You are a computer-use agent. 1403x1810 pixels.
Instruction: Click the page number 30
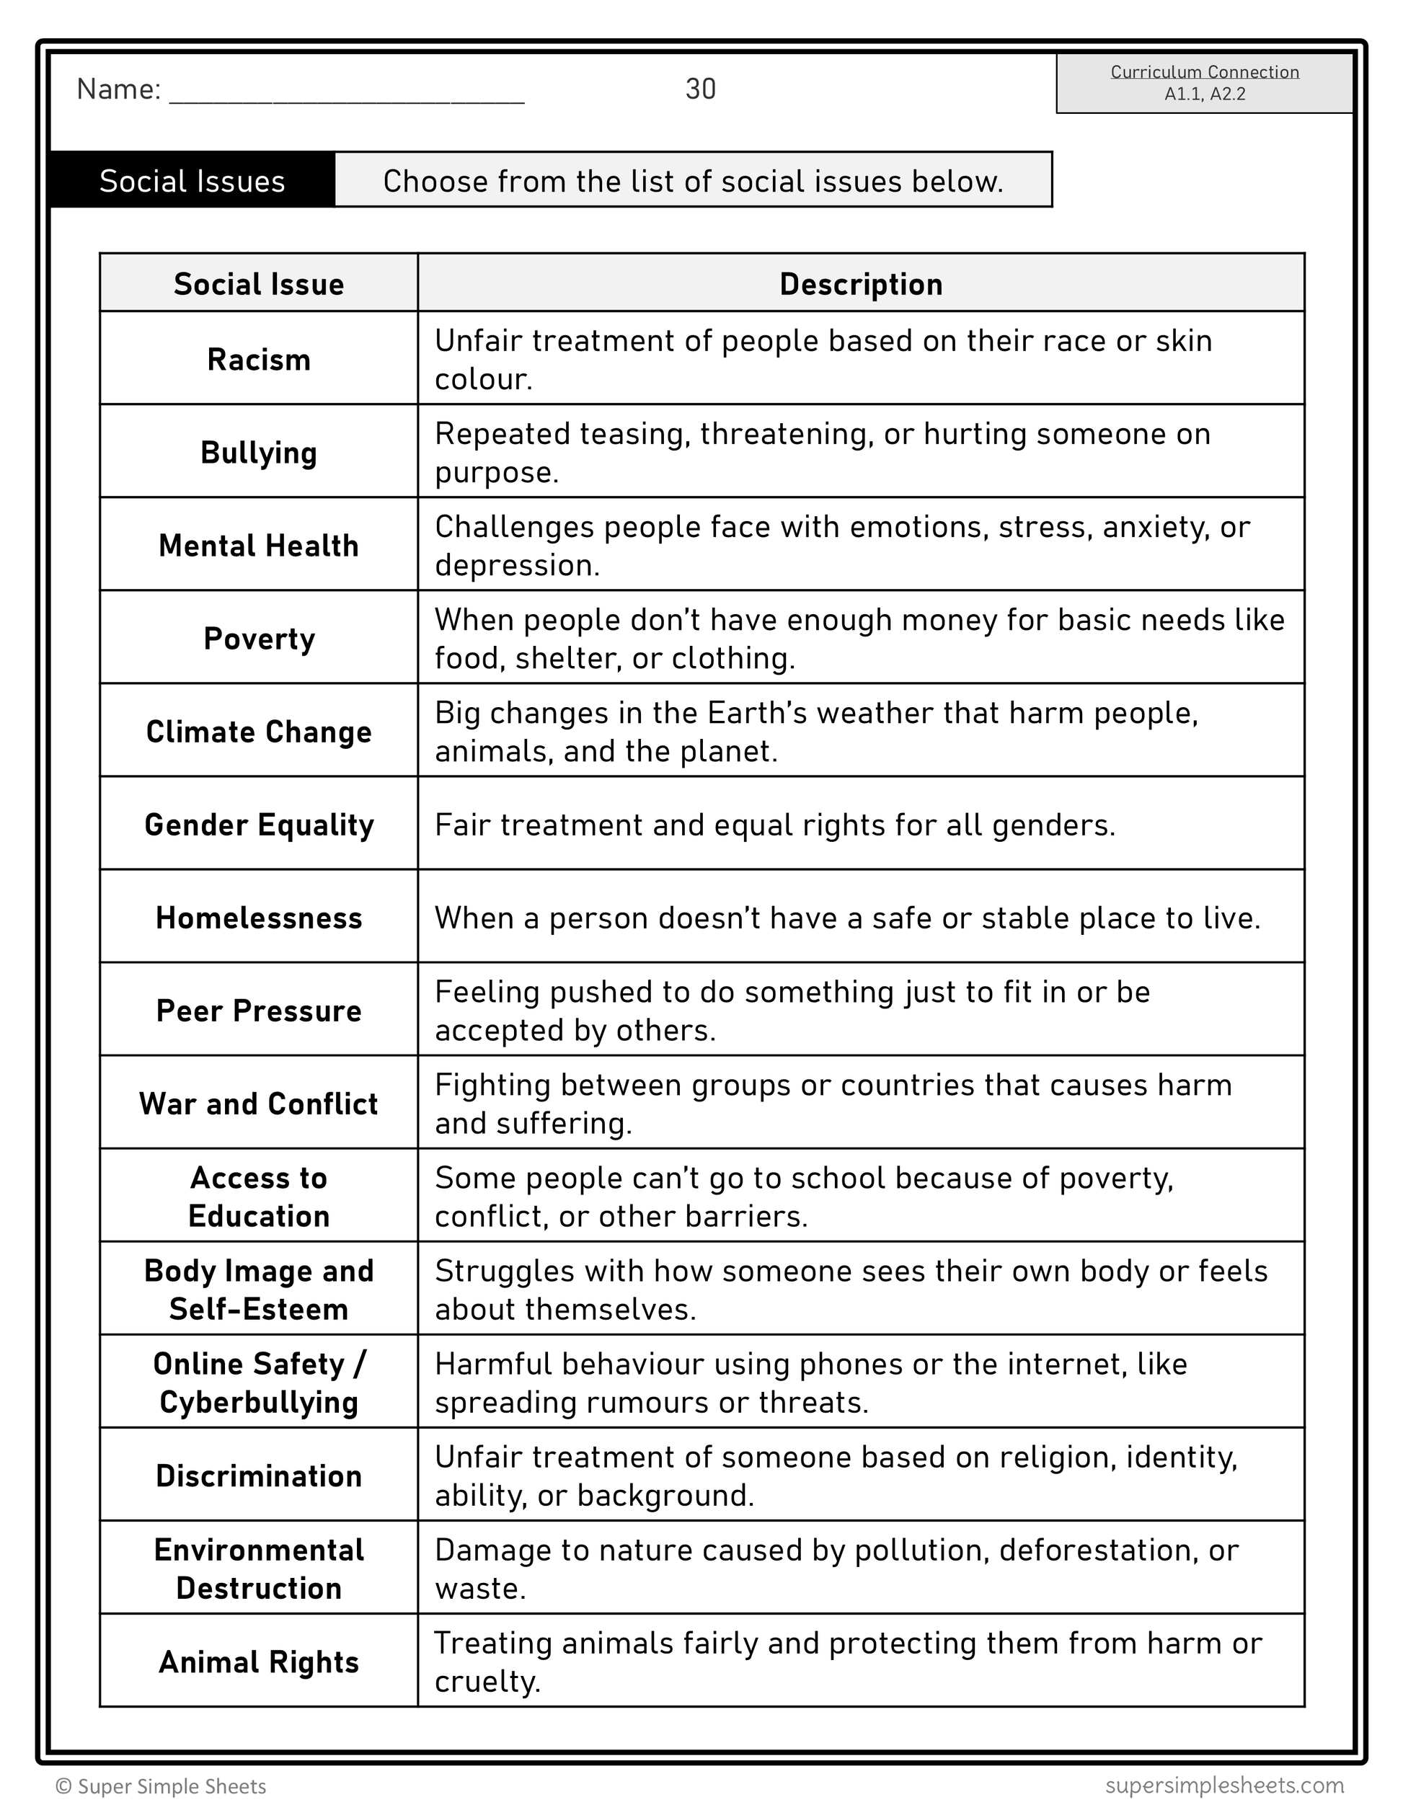pyautogui.click(x=700, y=89)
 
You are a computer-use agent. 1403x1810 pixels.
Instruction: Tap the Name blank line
pyautogui.click(x=346, y=93)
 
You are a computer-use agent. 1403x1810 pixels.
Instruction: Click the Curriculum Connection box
pyautogui.click(x=1204, y=83)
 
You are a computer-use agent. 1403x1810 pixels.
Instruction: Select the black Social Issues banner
pyautogui.click(x=192, y=181)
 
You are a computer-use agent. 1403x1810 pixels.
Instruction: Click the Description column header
pyautogui.click(x=861, y=284)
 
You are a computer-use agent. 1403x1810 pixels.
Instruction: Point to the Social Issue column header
pyautogui.click(x=259, y=284)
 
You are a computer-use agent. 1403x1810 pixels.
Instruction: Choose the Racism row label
pyautogui.click(x=259, y=360)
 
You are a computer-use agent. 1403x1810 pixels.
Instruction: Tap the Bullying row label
pyautogui.click(x=259, y=453)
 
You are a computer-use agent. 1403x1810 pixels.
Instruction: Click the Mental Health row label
pyautogui.click(x=259, y=546)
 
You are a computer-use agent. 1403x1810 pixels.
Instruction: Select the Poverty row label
pyautogui.click(x=259, y=639)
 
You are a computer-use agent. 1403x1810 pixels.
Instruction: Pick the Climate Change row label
pyautogui.click(x=259, y=732)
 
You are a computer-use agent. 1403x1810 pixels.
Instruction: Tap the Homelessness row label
pyautogui.click(x=259, y=918)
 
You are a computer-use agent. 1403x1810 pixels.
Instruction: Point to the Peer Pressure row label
pyautogui.click(x=259, y=1011)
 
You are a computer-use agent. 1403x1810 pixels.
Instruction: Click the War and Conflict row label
pyautogui.click(x=259, y=1104)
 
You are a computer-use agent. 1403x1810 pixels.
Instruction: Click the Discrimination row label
pyautogui.click(x=259, y=1476)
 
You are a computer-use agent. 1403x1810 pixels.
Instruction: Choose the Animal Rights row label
pyautogui.click(x=259, y=1662)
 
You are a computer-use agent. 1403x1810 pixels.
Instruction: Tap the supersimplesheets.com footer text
pyautogui.click(x=1224, y=1784)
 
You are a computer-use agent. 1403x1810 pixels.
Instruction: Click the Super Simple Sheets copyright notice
pyautogui.click(x=161, y=1786)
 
